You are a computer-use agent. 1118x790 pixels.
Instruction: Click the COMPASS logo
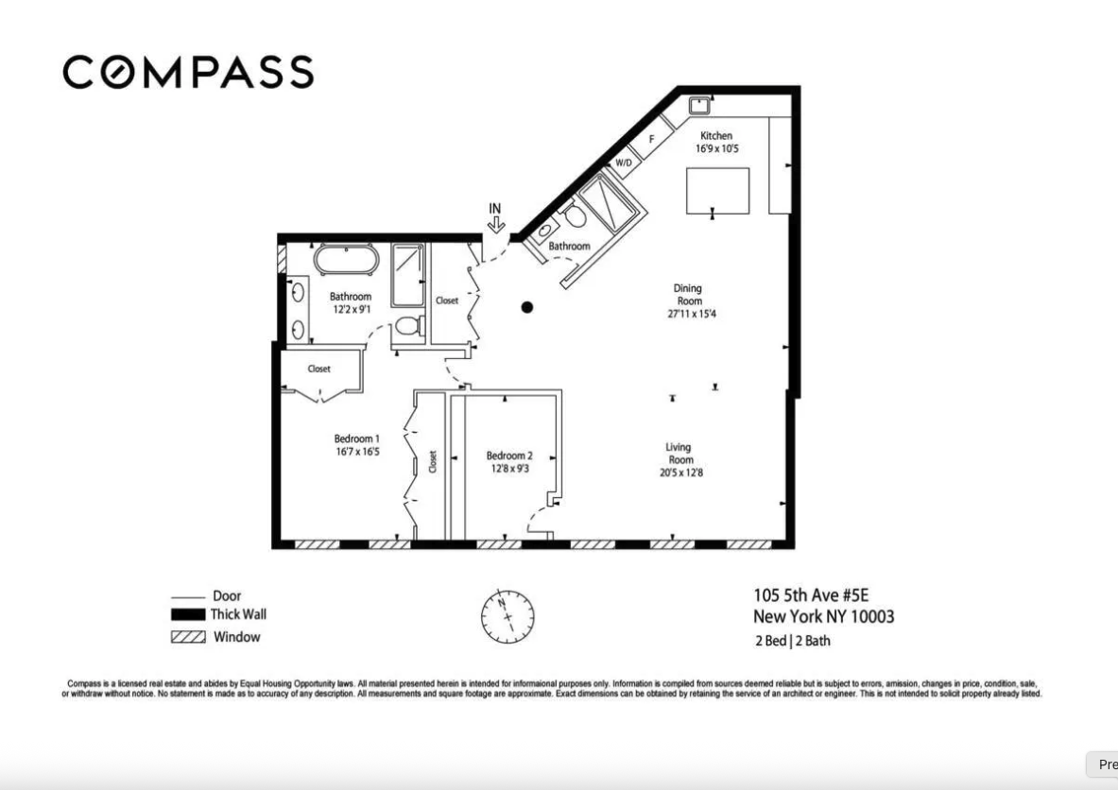(x=188, y=73)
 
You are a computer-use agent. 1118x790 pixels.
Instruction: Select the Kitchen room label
(x=715, y=136)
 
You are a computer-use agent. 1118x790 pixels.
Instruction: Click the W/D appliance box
(x=624, y=163)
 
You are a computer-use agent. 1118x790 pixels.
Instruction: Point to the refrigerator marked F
(x=651, y=141)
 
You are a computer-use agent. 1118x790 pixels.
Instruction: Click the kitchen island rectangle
(x=717, y=191)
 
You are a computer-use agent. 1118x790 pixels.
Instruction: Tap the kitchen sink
(x=699, y=103)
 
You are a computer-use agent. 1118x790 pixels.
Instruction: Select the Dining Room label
(x=688, y=295)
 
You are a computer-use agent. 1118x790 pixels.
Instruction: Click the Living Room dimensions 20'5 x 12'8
(x=681, y=472)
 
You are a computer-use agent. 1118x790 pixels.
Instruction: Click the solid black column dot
(x=527, y=307)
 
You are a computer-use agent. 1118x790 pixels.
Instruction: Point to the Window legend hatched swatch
(x=188, y=637)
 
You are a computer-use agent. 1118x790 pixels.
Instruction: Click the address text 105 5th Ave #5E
(x=810, y=595)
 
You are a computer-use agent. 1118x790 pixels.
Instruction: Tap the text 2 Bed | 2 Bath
(x=792, y=641)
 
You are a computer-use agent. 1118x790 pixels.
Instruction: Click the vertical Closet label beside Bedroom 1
(x=433, y=461)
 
